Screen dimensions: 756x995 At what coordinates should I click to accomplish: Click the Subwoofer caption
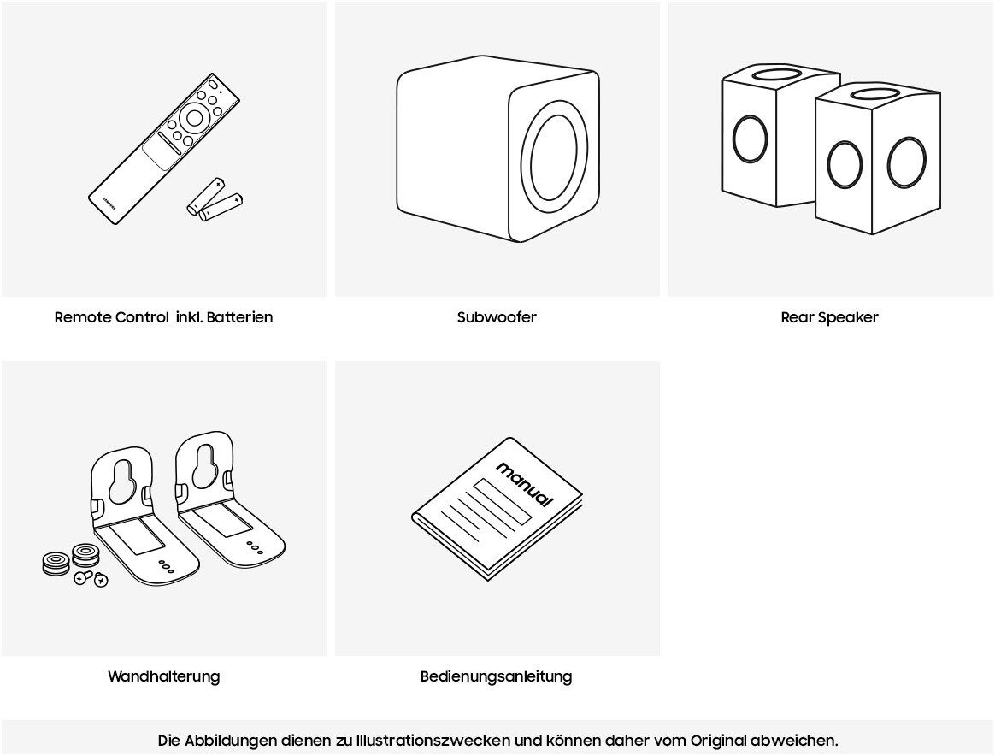click(x=497, y=317)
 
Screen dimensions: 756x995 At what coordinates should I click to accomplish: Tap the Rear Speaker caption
click(x=829, y=317)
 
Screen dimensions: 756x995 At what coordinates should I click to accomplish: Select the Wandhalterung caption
click(x=163, y=676)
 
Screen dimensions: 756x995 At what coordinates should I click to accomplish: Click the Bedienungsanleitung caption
click(x=496, y=676)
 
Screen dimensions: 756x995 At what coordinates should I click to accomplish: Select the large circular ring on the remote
click(x=195, y=118)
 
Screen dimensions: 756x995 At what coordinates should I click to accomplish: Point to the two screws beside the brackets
click(x=91, y=579)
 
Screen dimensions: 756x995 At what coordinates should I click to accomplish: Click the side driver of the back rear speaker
click(x=750, y=139)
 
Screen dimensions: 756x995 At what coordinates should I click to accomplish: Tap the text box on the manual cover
click(x=503, y=501)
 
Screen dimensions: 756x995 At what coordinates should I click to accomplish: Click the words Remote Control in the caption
click(x=111, y=317)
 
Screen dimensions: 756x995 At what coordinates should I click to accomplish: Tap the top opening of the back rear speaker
click(x=778, y=74)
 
